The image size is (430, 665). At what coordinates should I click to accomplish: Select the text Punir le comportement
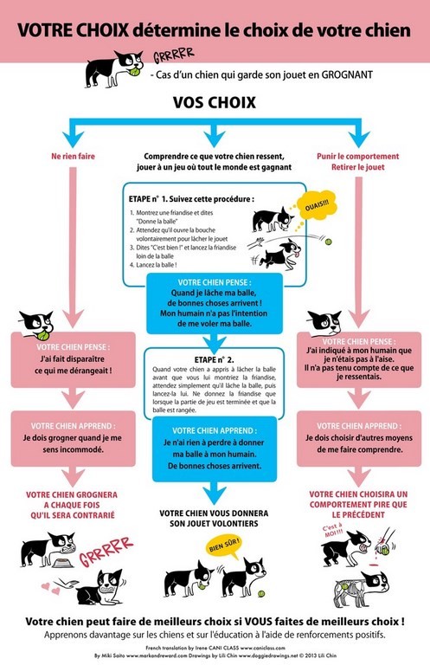[x=356, y=157]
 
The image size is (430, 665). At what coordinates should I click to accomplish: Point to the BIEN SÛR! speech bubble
[x=227, y=547]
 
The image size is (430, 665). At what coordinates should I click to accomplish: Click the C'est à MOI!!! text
[x=332, y=531]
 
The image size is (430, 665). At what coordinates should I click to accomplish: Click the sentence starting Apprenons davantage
[x=215, y=634]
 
